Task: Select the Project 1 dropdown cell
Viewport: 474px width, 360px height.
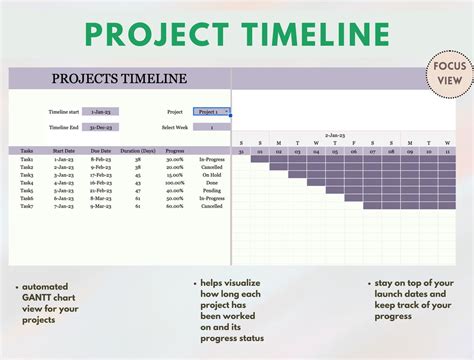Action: (212, 112)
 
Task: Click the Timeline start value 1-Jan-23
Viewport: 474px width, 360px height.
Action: (101, 112)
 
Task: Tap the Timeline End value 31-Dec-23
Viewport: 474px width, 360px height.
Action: (101, 128)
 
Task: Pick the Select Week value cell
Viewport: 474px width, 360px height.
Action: (212, 128)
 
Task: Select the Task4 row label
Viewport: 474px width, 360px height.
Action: (26, 183)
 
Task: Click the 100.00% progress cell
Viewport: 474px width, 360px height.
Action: (174, 183)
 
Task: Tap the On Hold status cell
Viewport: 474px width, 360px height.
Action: (211, 175)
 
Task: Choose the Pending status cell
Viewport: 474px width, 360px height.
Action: (211, 191)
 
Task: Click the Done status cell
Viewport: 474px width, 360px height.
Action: (211, 183)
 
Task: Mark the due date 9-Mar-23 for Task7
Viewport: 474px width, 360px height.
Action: (100, 206)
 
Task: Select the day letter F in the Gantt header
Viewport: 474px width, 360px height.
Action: (353, 143)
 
